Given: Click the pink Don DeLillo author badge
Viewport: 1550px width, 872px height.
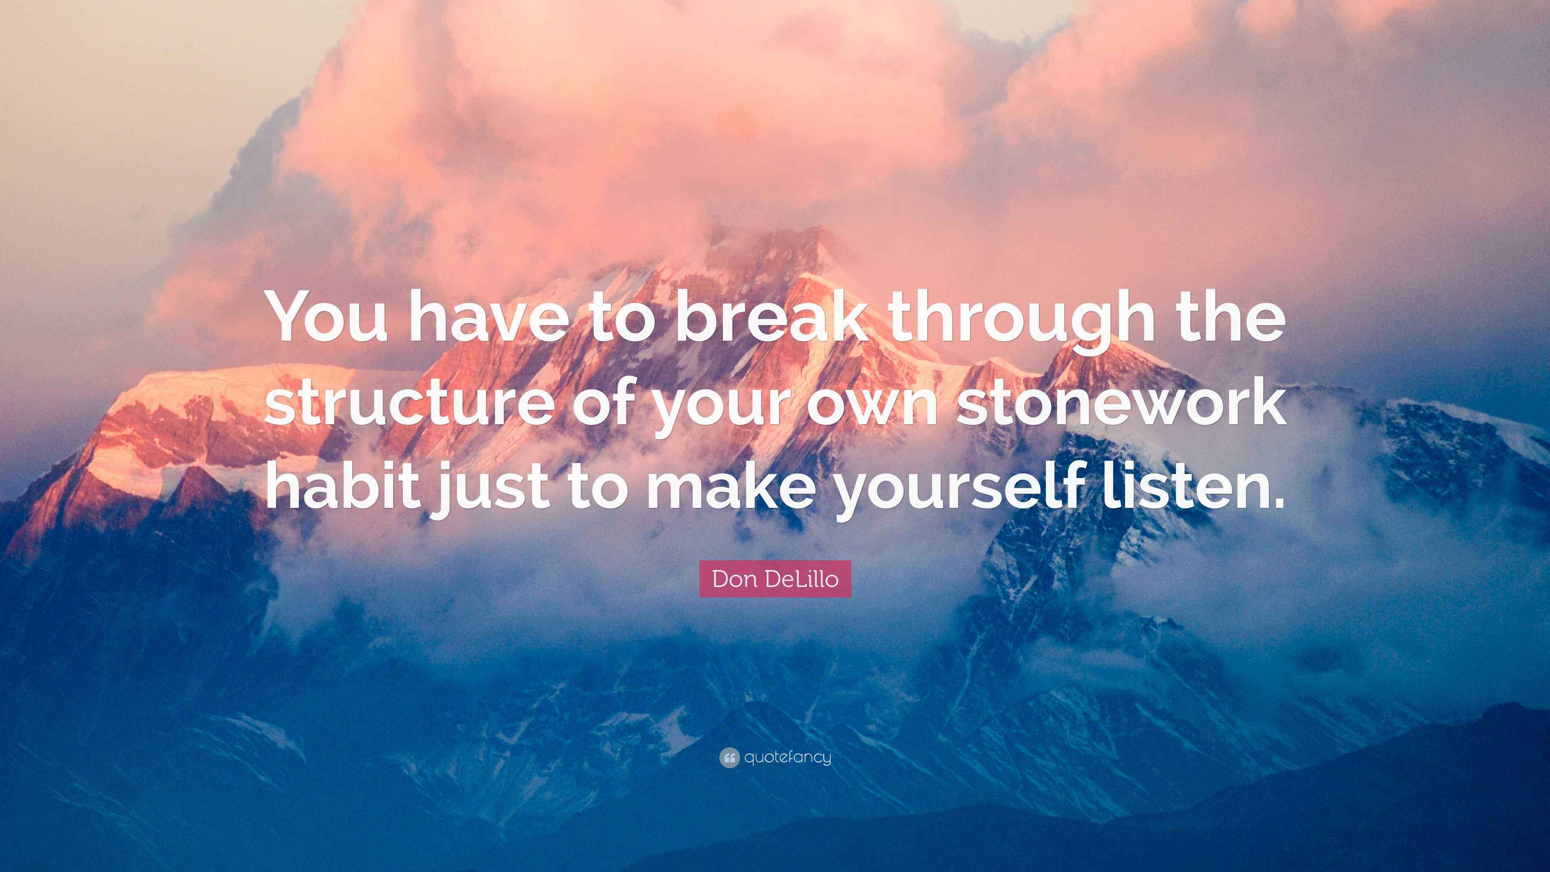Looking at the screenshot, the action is pos(775,579).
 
